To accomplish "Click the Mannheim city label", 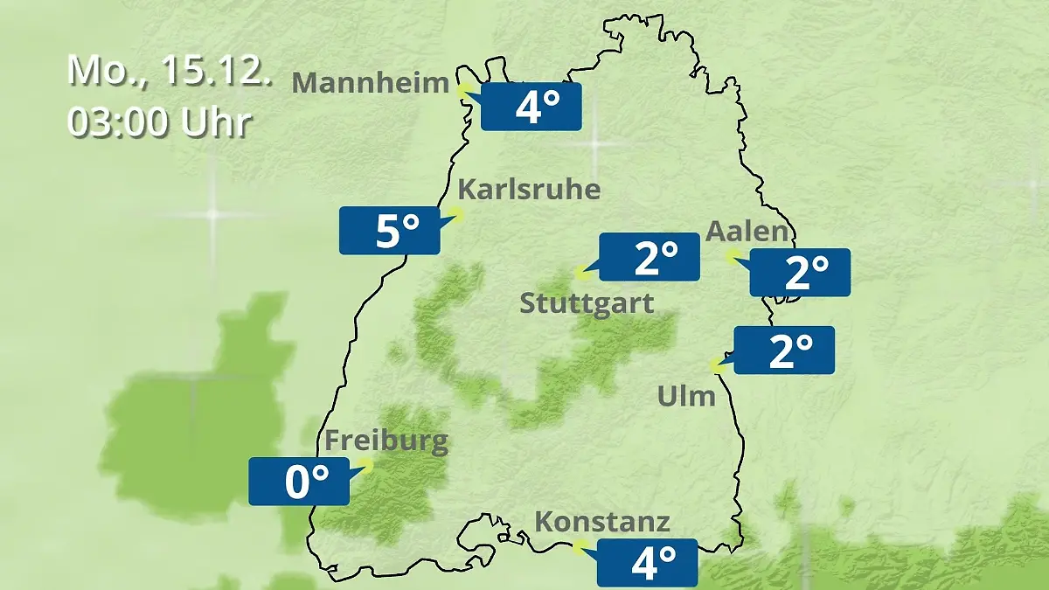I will (371, 83).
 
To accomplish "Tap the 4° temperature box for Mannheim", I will (531, 108).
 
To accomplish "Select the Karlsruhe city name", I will (530, 190).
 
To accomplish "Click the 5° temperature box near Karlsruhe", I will (390, 231).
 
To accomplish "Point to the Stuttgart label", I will (587, 304).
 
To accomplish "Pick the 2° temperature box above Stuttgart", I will (650, 258).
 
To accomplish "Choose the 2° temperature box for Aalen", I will (800, 273).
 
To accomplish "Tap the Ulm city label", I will (686, 397).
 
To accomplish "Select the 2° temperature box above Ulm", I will (785, 351).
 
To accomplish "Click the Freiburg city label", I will (386, 441).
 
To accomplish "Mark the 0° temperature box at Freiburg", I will (299, 482).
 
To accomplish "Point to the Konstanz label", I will (602, 523).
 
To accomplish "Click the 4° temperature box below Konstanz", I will (648, 563).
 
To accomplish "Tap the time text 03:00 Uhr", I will (159, 123).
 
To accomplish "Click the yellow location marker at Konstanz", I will (578, 547).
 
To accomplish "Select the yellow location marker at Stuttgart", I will (581, 273).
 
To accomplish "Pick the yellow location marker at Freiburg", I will (366, 466).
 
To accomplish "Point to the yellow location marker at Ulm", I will (718, 366).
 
